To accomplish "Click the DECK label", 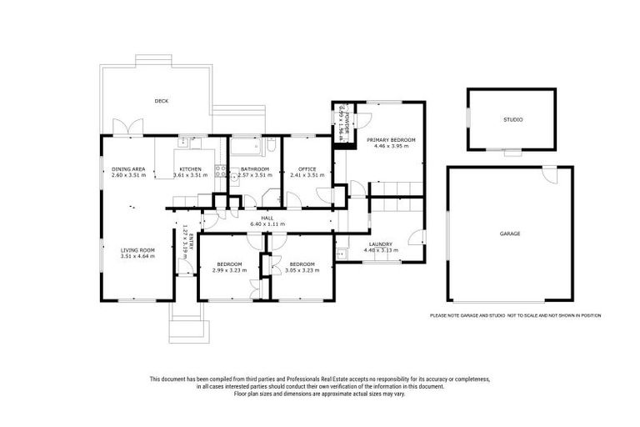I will coord(162,101).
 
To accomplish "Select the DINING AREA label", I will coord(128,168).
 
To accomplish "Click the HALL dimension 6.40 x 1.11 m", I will coord(267,224).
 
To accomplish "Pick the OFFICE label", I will coord(307,168).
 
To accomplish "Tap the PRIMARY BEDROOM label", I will coord(391,139).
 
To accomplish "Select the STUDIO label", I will coord(512,120).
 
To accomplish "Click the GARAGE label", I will coord(510,234).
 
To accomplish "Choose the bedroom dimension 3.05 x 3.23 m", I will coord(302,269).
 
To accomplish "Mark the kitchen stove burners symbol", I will coord(222,173).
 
